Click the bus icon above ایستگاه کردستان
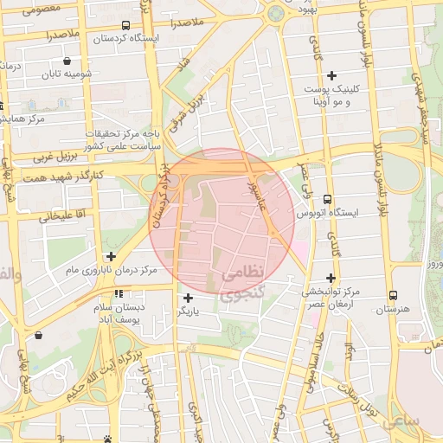click(126, 25)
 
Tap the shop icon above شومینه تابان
click(67, 61)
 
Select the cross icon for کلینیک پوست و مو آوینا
click(331, 76)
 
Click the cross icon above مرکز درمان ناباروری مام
click(110, 256)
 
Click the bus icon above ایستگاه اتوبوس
click(326, 199)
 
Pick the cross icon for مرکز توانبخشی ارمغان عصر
click(331, 277)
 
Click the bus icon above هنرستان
click(394, 295)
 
